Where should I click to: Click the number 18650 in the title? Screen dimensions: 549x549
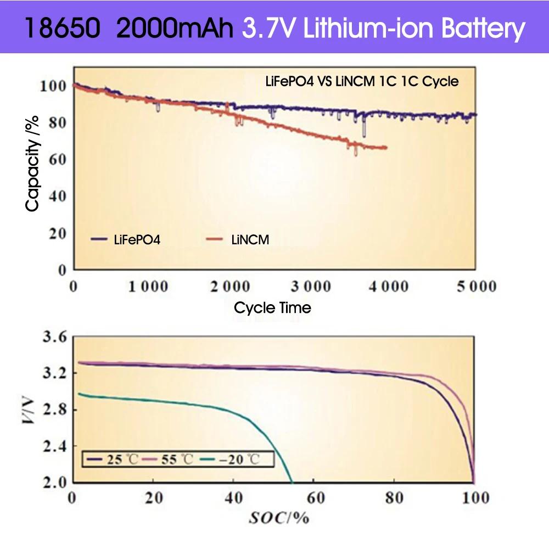tap(63, 28)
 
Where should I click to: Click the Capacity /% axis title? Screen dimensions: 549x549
tap(33, 163)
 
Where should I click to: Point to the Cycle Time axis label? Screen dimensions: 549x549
tap(272, 308)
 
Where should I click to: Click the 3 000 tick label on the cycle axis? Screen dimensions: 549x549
tap(309, 287)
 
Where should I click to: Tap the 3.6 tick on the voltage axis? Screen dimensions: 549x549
tap(54, 337)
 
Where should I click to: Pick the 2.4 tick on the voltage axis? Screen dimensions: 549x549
tap(54, 446)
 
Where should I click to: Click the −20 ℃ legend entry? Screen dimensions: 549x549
tap(239, 459)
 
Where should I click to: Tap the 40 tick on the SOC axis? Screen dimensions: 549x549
tap(234, 497)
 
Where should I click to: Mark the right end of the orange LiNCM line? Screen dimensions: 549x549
tap(386, 148)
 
